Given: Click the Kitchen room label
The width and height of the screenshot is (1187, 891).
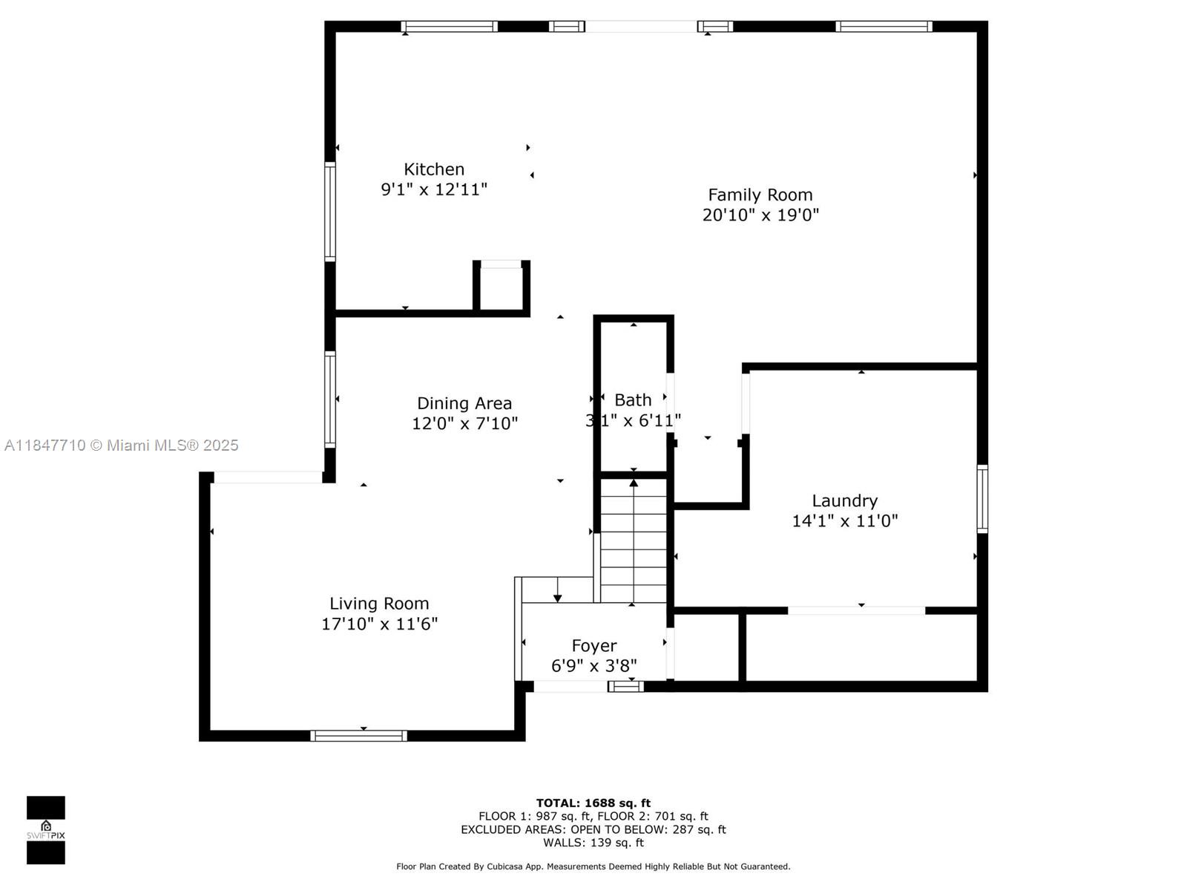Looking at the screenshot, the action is pos(434,169).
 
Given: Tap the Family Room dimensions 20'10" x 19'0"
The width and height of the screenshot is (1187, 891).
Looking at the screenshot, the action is pos(760,215).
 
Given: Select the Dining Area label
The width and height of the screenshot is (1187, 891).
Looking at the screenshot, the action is pos(464,403).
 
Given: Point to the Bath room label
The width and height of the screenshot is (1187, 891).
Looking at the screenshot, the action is pos(633,399).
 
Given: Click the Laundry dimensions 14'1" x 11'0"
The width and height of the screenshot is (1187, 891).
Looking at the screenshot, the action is pos(845,521).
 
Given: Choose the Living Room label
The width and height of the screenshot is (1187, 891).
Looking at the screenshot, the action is pos(379,603).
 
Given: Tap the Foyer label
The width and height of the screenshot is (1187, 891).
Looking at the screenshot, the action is pos(593,646).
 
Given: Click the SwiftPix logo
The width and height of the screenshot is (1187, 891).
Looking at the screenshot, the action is pos(46,830).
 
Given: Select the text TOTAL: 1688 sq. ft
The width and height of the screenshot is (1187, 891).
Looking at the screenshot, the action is pos(593,803).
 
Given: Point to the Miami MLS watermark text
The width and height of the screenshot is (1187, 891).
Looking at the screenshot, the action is pos(121,446).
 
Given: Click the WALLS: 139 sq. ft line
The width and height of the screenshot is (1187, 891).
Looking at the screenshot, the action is pos(593,842).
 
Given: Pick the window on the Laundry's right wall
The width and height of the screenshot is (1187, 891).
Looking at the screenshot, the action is pos(982,499).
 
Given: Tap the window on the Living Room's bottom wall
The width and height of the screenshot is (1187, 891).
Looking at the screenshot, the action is pos(358,736).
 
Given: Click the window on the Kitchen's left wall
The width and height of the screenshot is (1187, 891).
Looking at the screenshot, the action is pos(330,212).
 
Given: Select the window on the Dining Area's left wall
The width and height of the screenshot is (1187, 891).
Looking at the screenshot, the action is pos(330,399).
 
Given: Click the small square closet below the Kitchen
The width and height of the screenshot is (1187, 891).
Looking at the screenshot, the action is pos(502,288).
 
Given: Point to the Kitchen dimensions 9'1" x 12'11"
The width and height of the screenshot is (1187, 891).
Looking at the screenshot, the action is pos(434,189).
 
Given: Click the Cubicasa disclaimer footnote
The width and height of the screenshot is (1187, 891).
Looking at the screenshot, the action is pos(593,866).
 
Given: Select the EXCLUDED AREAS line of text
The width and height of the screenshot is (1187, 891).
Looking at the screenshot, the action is pos(593,829).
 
